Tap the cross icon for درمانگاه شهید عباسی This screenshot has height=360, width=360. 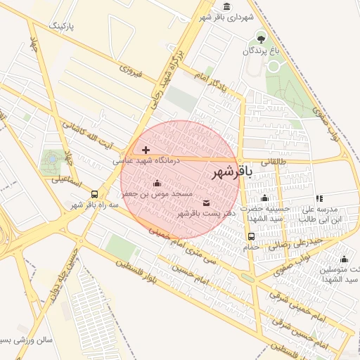click(x=146, y=150)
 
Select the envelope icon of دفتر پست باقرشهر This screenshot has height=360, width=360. click(x=205, y=203)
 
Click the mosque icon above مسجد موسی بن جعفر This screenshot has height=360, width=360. click(x=156, y=184)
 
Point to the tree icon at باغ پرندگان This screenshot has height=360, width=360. click(x=262, y=39)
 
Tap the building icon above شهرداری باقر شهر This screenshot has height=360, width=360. click(x=224, y=6)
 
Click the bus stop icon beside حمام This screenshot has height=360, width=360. click(x=252, y=236)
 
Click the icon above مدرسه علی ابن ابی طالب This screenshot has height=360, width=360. click(x=319, y=198)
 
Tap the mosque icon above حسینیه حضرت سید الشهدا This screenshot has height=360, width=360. click(x=264, y=198)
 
